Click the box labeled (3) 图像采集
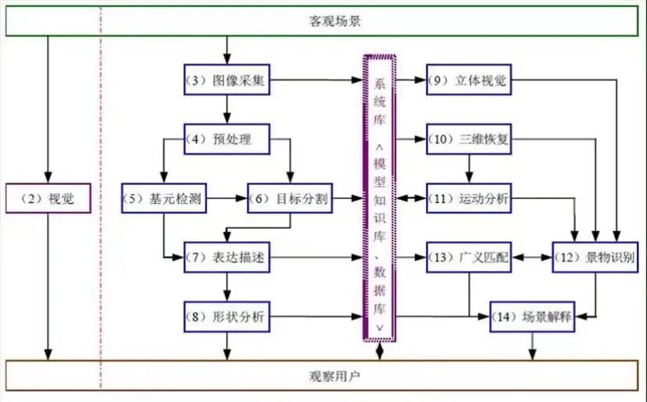point(227,80)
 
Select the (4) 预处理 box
point(227,140)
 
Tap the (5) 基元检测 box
point(163,199)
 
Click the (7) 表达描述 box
point(227,258)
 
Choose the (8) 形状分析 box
point(227,316)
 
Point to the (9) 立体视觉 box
point(468,80)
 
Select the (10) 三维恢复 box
point(468,140)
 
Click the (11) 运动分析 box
point(468,199)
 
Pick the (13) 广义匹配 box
point(468,258)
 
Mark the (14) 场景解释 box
point(531,317)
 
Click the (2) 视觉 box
point(48,199)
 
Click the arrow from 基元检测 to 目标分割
point(226,199)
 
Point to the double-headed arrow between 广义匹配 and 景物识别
point(531,258)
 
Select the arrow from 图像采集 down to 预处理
point(227,110)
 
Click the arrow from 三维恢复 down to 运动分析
point(468,169)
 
